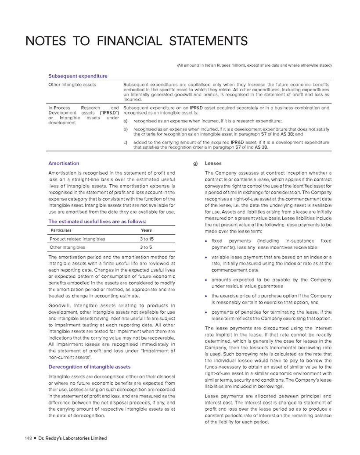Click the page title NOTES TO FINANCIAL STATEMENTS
point(137,41)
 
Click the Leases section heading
point(213,163)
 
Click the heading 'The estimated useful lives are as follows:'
point(97,221)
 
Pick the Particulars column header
point(61,230)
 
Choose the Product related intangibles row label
point(77,239)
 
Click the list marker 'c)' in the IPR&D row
point(126,143)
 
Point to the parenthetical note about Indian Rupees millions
point(254,65)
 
